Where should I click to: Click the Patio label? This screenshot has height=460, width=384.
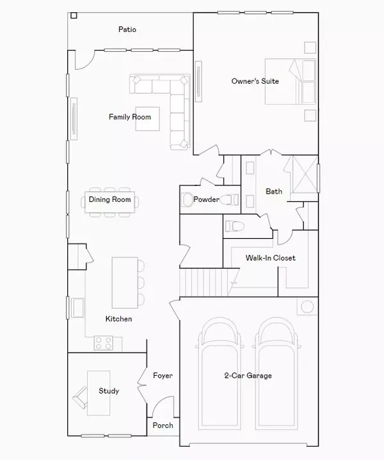127,29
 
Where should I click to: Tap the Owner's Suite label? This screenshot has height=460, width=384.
255,81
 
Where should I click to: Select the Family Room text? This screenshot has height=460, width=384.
130,117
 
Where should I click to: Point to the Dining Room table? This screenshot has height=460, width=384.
110,200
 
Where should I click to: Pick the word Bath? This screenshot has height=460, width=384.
274,191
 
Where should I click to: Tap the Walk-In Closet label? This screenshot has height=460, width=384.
270,258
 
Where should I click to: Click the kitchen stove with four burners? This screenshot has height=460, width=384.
103,342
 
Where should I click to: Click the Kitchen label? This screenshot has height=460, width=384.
119,318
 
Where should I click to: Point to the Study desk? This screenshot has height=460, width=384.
97,390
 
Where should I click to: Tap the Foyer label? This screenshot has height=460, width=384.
163,376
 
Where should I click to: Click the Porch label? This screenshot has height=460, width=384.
162,425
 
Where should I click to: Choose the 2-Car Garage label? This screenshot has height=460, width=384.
248,376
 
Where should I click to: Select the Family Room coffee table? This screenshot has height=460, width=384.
147,118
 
